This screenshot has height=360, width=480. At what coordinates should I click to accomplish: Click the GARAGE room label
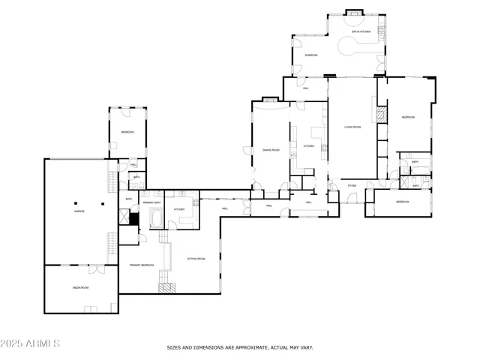(x=79, y=211)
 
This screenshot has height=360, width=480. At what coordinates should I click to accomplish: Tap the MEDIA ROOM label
(x=82, y=287)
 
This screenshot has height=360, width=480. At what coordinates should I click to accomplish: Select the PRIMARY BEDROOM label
(x=142, y=265)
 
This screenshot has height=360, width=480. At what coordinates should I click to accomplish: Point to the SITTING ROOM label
(x=196, y=259)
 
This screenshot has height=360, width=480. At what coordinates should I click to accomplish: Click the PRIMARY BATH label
(x=153, y=203)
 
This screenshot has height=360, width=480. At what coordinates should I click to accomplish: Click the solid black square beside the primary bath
(x=134, y=220)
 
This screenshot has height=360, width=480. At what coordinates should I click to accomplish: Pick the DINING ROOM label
(x=271, y=150)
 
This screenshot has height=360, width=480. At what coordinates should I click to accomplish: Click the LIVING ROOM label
(x=352, y=127)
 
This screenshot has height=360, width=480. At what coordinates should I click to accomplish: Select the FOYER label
(x=351, y=185)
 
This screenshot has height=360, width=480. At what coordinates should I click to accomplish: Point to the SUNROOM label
(x=310, y=55)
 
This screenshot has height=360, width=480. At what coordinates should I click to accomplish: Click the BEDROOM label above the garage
(x=127, y=133)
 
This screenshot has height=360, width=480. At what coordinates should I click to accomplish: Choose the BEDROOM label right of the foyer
(x=403, y=202)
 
